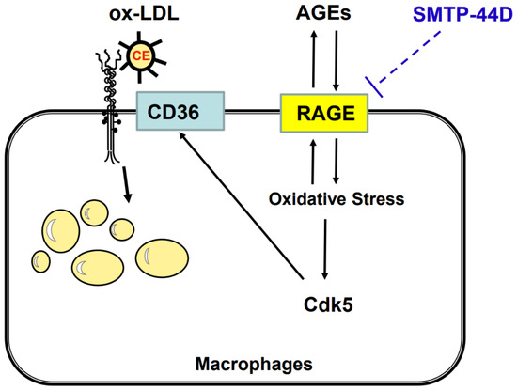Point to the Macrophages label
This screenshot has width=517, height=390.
(x=255, y=362)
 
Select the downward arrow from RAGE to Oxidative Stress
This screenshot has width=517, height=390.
(x=337, y=160)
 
